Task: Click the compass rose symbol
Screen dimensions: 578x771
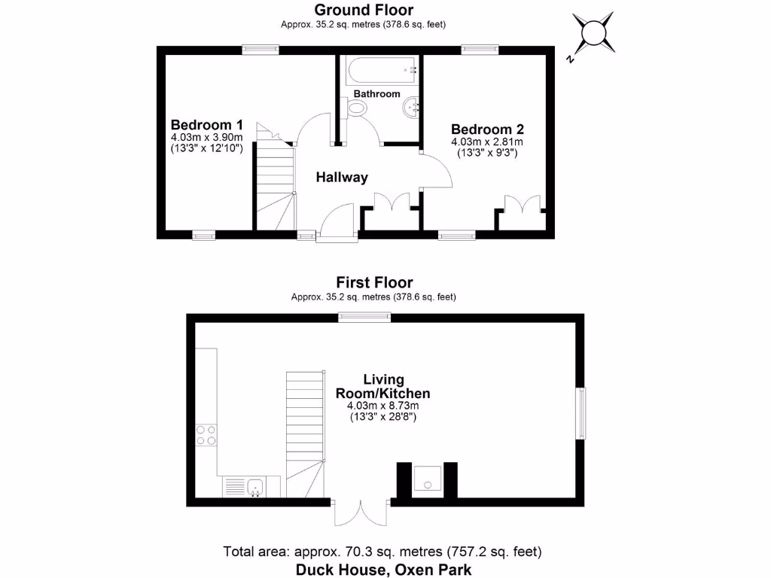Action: click(593, 32)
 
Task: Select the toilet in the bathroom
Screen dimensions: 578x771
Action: click(358, 109)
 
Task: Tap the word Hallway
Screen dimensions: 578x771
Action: click(342, 178)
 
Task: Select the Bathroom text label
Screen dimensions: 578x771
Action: click(377, 94)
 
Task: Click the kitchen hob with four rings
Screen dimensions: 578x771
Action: click(206, 436)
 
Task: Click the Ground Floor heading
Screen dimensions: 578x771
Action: click(364, 10)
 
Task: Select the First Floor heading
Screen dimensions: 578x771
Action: click(374, 283)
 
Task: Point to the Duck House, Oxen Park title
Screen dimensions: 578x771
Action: click(383, 570)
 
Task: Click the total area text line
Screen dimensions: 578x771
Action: click(382, 552)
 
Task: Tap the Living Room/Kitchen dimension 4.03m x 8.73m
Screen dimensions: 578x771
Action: click(382, 406)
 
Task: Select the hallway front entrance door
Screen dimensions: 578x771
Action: click(337, 223)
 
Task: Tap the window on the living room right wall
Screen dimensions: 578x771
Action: click(580, 413)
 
